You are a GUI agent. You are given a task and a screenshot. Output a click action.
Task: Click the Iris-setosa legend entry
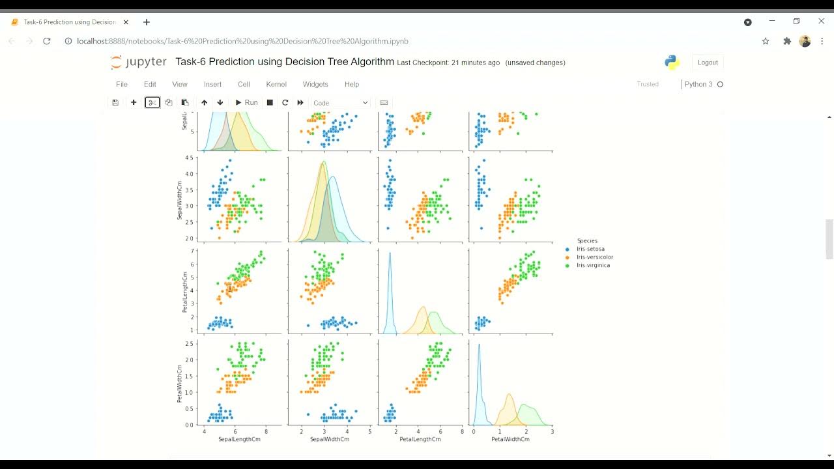coord(590,249)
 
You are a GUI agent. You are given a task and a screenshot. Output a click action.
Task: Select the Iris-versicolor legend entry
coord(594,257)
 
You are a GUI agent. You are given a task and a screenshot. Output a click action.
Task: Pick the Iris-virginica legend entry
coord(593,265)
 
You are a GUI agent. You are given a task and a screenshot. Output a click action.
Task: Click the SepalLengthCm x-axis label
coord(239,439)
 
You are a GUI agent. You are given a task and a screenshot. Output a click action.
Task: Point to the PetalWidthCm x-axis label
coord(510,439)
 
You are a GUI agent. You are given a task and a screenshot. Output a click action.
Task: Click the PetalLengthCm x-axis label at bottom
coord(420,439)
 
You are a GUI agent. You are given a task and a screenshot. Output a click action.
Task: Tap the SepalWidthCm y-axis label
coord(180,200)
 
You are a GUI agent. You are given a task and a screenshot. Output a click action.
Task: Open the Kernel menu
coord(276,84)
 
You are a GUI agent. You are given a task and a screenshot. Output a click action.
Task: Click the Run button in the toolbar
coord(246,102)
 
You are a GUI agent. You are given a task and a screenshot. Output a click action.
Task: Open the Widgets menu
coord(315,84)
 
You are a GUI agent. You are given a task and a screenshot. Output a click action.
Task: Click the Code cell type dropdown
coord(340,103)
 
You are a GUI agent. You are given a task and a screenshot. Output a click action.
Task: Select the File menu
coord(121,84)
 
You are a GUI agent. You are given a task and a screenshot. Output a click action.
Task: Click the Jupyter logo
coord(138,63)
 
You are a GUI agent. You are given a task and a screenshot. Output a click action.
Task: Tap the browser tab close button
coord(126,22)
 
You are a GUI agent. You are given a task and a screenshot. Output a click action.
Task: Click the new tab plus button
coord(147,22)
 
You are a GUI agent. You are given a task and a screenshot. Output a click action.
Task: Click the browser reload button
coord(47,41)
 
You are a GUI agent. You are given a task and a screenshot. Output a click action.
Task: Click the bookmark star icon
coord(766,41)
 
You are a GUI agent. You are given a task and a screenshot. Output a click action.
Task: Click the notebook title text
coord(285,62)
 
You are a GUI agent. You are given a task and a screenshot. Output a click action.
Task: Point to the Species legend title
coord(587,240)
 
